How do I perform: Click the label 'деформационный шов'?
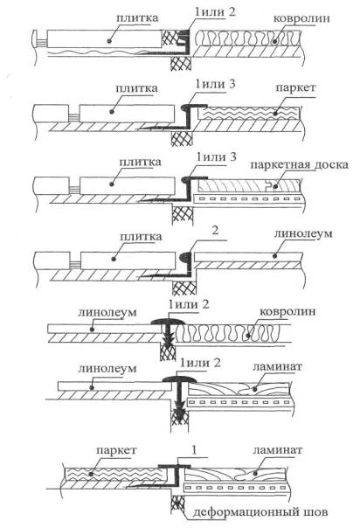tap(260, 513)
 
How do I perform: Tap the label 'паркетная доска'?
tap(299, 166)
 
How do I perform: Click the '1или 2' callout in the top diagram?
tap(215, 12)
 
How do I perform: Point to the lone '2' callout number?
tap(215, 230)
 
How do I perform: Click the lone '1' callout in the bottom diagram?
tap(193, 450)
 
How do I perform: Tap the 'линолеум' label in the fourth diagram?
tap(303, 233)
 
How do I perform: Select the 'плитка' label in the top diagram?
tap(137, 17)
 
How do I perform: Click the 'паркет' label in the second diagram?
tap(295, 88)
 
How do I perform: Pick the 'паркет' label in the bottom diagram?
tap(116, 450)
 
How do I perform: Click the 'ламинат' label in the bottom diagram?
tap(278, 450)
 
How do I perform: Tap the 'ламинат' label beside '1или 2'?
tap(277, 366)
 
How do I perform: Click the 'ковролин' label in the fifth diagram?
tap(287, 312)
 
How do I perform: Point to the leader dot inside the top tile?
tap(108, 41)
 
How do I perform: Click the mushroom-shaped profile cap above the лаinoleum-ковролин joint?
tap(169, 322)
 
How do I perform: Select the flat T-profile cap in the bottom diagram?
tap(174, 467)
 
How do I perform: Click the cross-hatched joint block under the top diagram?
tap(181, 63)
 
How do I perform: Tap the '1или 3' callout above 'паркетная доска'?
tap(216, 157)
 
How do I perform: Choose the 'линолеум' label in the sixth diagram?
tap(107, 368)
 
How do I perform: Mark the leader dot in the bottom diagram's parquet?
tap(92, 474)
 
